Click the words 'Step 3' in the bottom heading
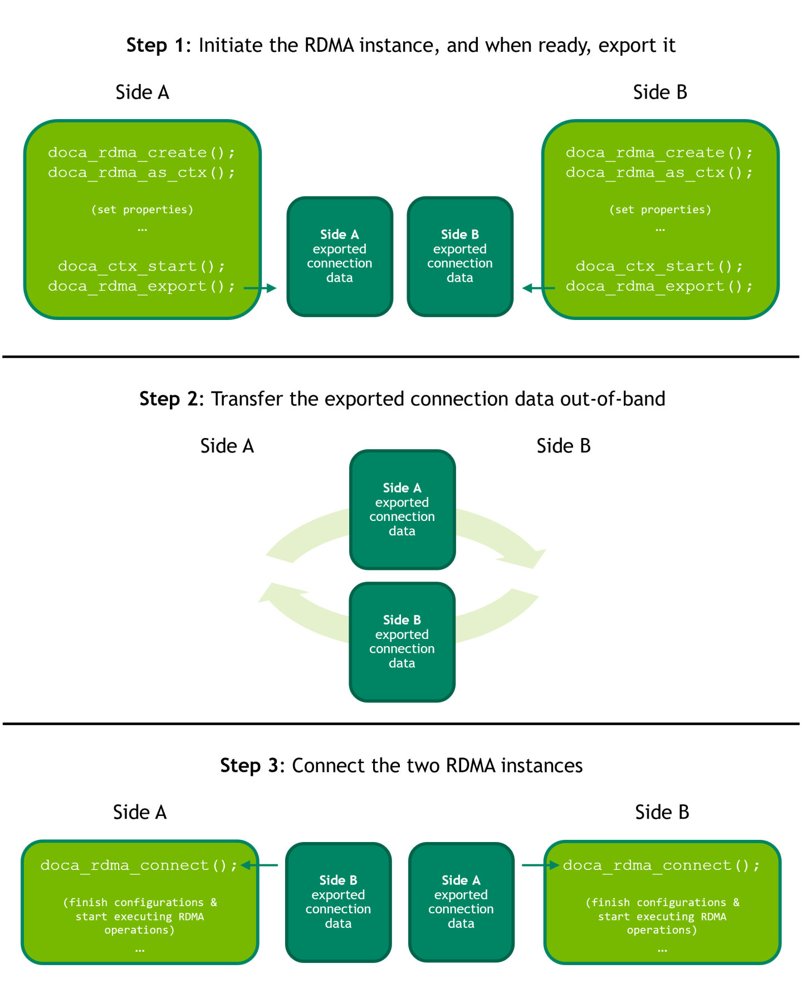pos(248,766)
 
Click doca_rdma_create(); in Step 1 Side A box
pos(141,152)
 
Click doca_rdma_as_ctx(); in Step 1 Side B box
pos(659,173)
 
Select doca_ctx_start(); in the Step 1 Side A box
pos(141,266)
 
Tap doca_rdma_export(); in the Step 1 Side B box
pos(659,286)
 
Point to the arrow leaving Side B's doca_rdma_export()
pos(538,288)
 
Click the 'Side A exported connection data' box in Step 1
pos(340,257)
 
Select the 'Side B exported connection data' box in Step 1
pos(460,257)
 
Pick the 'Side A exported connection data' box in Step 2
pos(402,509)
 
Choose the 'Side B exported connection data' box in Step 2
pos(402,642)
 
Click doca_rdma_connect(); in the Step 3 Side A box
pos(139,865)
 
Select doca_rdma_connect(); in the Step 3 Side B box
pos(661,865)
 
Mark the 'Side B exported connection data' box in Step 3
pos(338,902)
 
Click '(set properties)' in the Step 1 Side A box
pos(142,210)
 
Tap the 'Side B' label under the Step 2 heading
pos(563,446)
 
